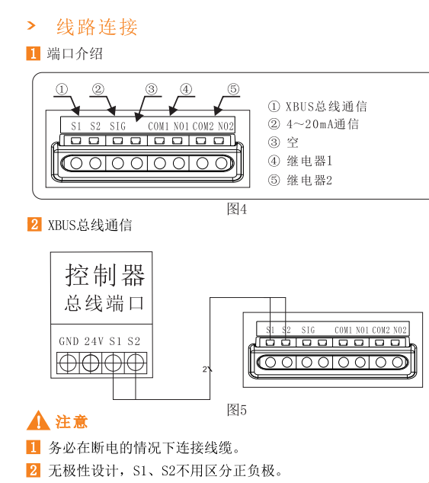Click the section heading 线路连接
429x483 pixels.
tap(97, 27)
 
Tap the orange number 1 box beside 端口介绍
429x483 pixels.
tap(34, 53)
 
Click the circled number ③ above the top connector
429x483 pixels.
tap(152, 89)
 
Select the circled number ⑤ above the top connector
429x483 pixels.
tap(233, 89)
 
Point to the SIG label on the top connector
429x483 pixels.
tap(118, 126)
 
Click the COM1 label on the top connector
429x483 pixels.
tap(158, 126)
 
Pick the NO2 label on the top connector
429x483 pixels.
tap(226, 126)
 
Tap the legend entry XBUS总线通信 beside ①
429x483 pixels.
tap(326, 107)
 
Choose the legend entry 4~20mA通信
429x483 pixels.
tap(322, 124)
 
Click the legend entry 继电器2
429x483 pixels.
tap(309, 181)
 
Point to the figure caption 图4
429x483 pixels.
tap(237, 210)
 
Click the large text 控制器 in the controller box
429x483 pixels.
tap(105, 275)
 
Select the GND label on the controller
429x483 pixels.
tap(69, 341)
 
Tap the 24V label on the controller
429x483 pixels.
tap(94, 341)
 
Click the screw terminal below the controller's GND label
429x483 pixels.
tap(68, 363)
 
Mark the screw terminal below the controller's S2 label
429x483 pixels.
tap(136, 363)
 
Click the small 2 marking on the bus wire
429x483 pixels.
tap(205, 369)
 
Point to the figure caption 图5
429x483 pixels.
tap(237, 410)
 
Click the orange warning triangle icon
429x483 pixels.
tap(38, 421)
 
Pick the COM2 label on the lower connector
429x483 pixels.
tap(381, 330)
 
